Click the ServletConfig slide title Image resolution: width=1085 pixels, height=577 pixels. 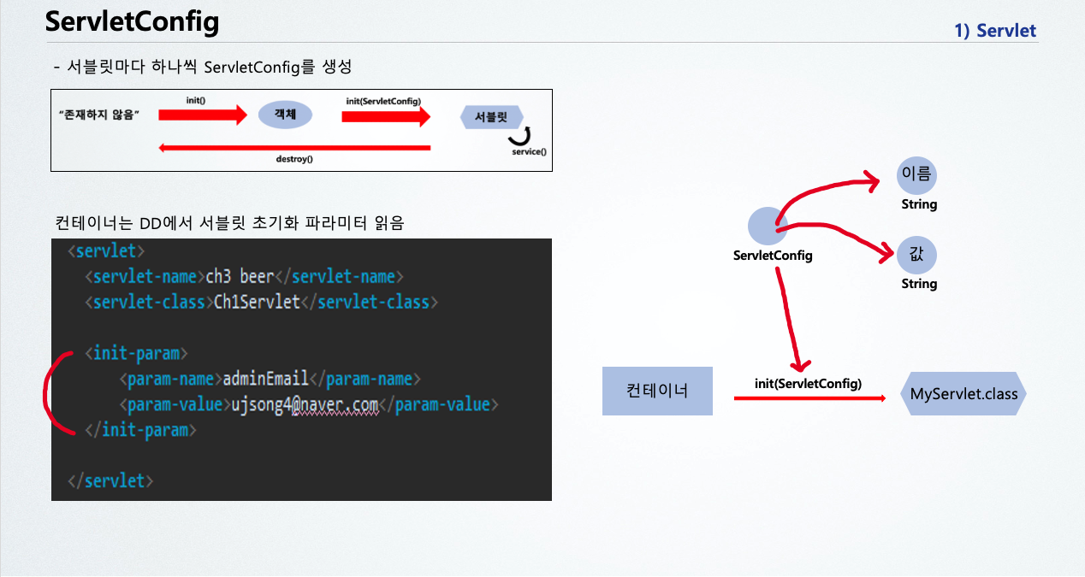[132, 22]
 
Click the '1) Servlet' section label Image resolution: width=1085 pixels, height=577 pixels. [995, 31]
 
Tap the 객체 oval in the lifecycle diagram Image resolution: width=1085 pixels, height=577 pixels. [285, 115]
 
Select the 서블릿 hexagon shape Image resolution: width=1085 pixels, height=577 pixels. [491, 117]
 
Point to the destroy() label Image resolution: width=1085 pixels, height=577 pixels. [293, 159]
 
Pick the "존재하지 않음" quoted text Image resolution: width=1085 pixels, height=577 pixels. [99, 115]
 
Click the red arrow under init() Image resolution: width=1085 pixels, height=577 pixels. [202, 115]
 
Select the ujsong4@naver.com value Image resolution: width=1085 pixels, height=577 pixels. [305, 404]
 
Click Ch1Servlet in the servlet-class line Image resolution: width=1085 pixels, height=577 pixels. [257, 302]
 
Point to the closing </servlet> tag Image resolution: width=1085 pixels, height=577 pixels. [110, 480]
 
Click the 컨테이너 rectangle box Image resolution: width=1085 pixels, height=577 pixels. [657, 392]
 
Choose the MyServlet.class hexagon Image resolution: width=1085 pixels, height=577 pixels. [963, 394]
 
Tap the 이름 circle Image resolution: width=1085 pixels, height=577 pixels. [916, 175]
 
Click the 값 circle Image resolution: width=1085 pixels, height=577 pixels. [916, 255]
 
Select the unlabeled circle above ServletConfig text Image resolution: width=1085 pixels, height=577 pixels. [768, 227]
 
